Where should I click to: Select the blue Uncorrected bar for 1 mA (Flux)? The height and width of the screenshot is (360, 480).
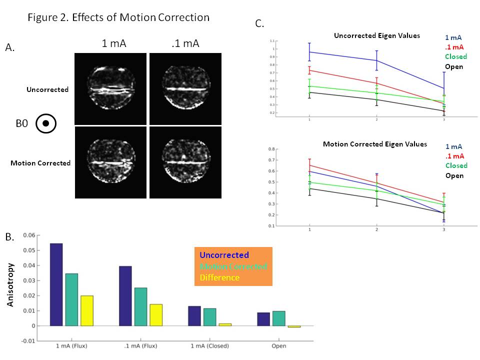point(56,284)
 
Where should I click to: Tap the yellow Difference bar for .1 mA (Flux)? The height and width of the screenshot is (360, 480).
point(156,314)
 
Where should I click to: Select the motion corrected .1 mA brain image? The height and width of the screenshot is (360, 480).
point(185,162)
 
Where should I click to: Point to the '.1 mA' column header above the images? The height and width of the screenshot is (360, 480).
point(185,43)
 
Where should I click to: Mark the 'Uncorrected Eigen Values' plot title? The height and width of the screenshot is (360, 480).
point(377,35)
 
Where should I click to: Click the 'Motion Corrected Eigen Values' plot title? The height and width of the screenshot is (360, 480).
point(375,144)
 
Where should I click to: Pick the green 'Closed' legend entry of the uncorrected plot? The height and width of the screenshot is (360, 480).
point(454,57)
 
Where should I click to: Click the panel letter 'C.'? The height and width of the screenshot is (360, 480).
point(260,23)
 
